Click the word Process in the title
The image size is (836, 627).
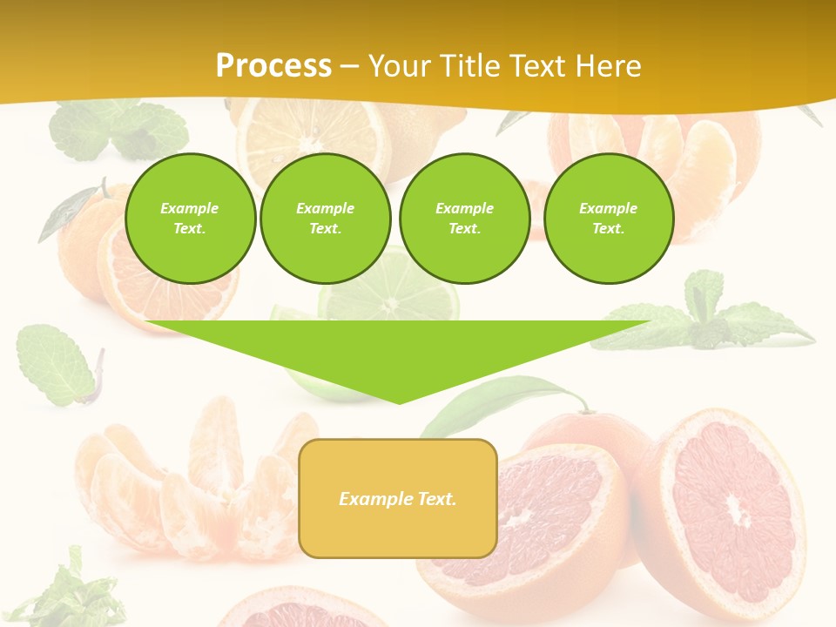click(x=273, y=66)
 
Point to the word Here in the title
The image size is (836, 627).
click(x=606, y=66)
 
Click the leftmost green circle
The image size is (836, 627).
click(x=190, y=219)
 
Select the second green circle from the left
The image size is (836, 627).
click(x=326, y=219)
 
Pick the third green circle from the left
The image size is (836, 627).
click(x=465, y=219)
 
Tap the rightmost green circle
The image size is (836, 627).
click(x=609, y=219)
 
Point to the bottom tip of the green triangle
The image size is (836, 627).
click(x=400, y=401)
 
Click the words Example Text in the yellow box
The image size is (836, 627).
click(x=398, y=499)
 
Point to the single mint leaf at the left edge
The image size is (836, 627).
click(x=55, y=365)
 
